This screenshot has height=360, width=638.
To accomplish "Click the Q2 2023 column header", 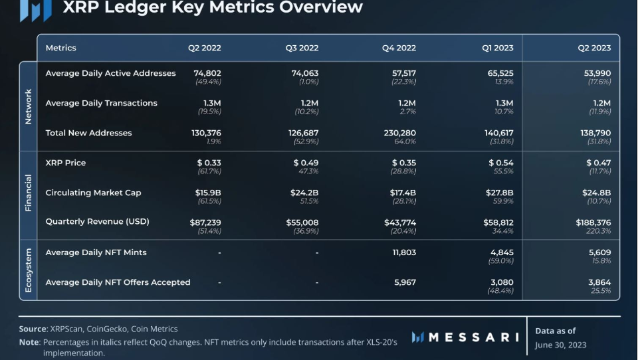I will [593, 48].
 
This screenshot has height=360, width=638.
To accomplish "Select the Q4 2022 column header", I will [399, 48].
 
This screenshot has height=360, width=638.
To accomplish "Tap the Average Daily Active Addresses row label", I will [110, 73].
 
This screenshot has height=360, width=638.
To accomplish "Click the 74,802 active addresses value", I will [207, 73].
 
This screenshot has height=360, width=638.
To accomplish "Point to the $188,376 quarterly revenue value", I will [593, 223].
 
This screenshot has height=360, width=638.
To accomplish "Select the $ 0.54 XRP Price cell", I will [501, 163].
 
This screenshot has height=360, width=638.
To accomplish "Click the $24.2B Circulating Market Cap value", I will [306, 193].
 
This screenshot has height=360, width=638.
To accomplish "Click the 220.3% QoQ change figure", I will [599, 231].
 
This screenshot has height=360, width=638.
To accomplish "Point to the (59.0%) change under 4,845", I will [501, 261].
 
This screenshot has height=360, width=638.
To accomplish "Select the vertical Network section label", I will [28, 106].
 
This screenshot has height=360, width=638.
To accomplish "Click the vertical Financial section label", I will [28, 193].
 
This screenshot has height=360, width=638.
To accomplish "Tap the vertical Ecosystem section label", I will [28, 270].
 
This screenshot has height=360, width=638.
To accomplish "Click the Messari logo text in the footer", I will [473, 337].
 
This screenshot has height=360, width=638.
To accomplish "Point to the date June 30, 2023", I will [561, 345].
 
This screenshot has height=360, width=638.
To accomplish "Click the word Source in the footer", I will [33, 329].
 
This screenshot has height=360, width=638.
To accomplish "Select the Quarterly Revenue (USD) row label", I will [97, 222].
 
